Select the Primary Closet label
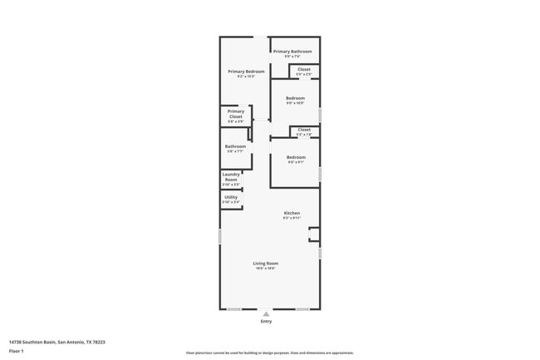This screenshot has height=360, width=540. (236, 114)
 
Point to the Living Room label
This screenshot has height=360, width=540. (266, 263)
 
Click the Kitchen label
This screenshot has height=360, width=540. (291, 214)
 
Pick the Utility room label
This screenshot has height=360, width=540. (230, 197)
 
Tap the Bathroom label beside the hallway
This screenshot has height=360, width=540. (235, 146)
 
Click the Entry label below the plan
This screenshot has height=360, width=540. (266, 322)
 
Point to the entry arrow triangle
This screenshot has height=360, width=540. (266, 313)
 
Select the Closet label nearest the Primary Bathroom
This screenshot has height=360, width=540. (304, 69)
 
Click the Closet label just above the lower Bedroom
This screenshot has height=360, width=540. (304, 130)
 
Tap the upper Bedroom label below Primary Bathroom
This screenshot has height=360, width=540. (296, 98)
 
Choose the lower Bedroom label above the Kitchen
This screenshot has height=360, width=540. (296, 157)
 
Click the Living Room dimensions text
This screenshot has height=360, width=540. (266, 269)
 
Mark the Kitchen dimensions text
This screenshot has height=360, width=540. (291, 219)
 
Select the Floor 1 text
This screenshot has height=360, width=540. (17, 352)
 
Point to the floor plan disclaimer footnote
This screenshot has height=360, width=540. (270, 353)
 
